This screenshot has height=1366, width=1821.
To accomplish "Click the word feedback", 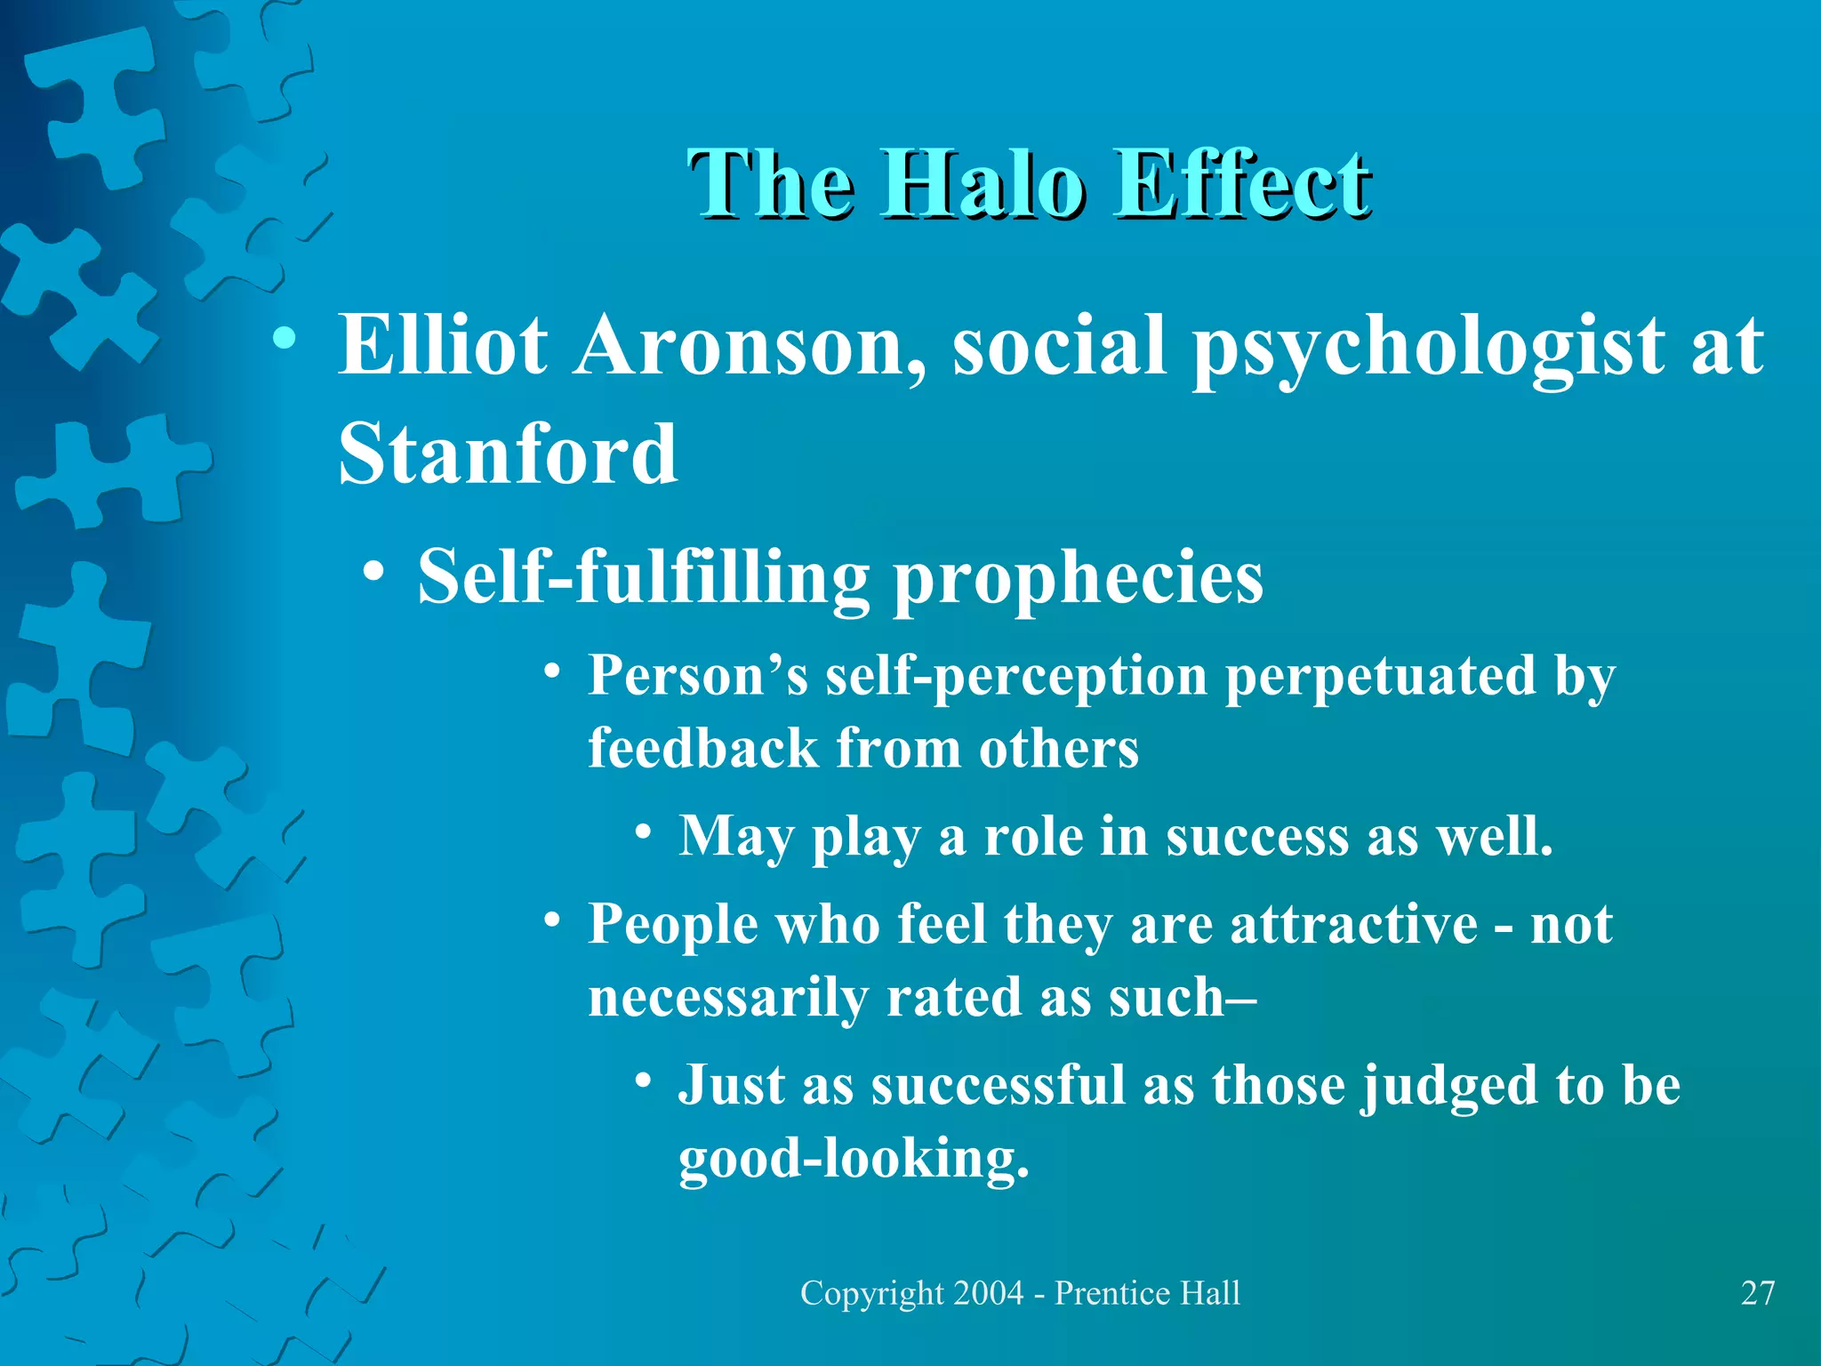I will point(702,748).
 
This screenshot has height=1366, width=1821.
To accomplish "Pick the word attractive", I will point(1353,925).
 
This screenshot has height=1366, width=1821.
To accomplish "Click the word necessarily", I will point(727,998).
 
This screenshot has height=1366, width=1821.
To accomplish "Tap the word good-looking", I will point(854,1159).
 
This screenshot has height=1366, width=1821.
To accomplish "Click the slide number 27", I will point(1757,1293).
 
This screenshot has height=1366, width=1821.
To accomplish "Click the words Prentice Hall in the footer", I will point(1147,1293).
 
